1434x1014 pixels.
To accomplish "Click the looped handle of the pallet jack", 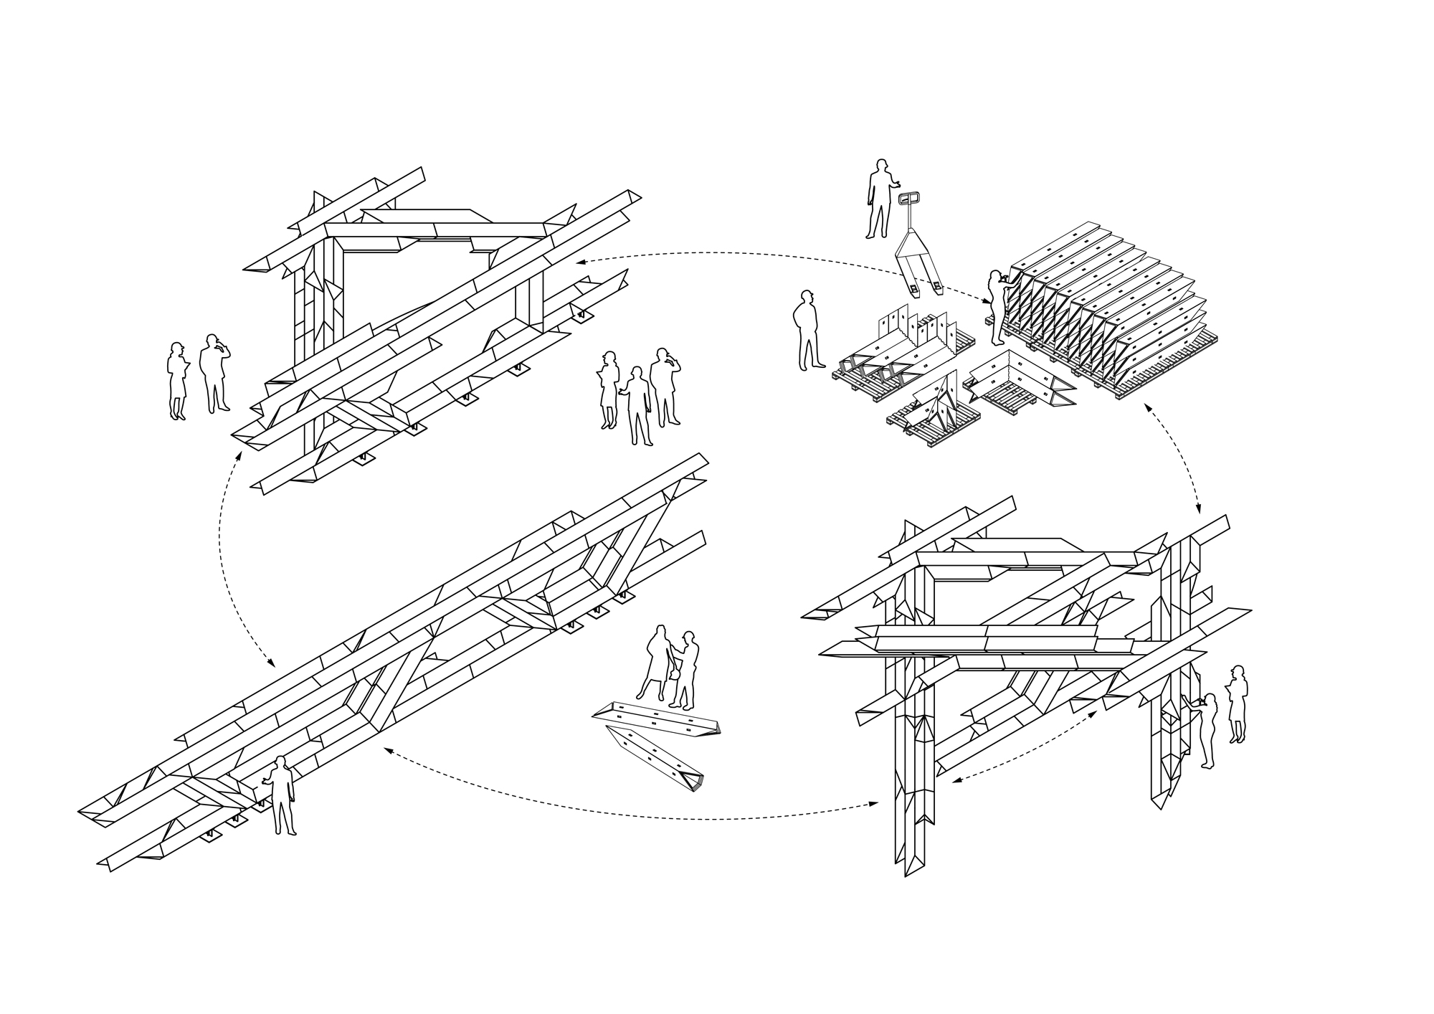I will (x=909, y=199).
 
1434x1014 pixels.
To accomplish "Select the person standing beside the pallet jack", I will (x=878, y=199).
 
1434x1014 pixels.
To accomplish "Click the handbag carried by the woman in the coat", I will (x=674, y=673).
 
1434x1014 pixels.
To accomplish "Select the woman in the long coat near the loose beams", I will (x=657, y=663).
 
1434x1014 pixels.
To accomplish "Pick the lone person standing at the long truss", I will (x=280, y=795).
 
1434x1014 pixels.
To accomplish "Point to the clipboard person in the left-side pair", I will (x=177, y=380).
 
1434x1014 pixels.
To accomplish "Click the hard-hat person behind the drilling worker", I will (x=1238, y=703).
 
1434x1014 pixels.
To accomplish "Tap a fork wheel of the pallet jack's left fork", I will (x=914, y=290).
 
